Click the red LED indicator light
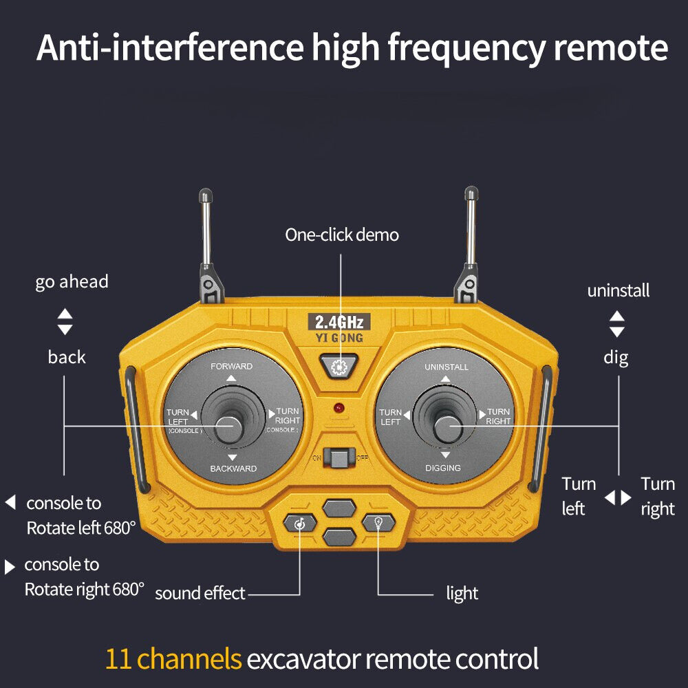coord(338,408)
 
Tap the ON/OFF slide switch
coord(338,457)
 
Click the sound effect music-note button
coord(300,524)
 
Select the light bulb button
coord(378,523)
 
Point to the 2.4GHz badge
coord(338,321)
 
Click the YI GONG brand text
coord(338,338)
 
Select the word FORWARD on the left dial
coord(231,366)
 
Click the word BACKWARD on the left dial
coord(233,469)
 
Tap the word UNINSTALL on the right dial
coord(446,367)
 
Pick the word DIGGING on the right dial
coord(443,469)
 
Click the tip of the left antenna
coord(205,195)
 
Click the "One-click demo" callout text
coord(342,235)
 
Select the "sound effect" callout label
coord(200,593)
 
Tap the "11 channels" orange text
coord(173,659)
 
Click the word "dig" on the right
coord(616,358)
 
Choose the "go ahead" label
coord(72,282)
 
